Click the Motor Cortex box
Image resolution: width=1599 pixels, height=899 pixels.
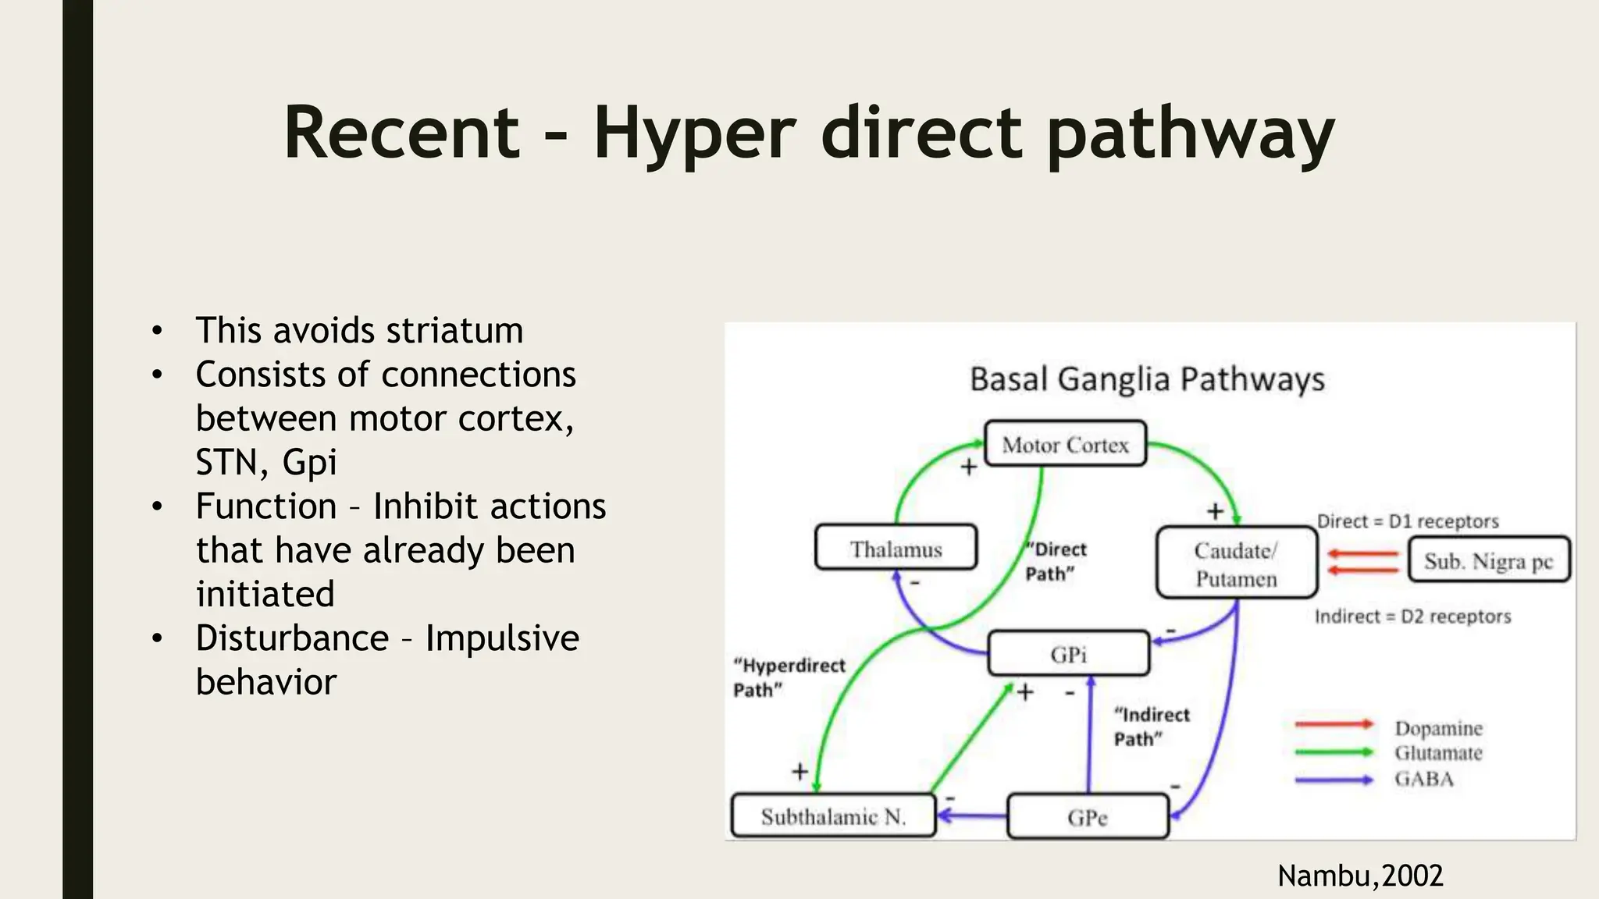coord(1065,444)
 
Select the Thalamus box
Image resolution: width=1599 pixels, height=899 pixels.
coord(896,549)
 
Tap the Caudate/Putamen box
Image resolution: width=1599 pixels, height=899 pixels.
coord(1236,563)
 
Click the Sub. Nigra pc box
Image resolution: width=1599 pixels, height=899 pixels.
coord(1488,560)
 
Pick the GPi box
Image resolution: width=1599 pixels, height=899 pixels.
coord(1068,654)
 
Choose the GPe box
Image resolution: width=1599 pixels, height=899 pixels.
coord(1088,817)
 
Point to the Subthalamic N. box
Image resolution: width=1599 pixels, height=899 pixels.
coord(833,816)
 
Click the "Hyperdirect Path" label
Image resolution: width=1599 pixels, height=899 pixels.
coord(789,677)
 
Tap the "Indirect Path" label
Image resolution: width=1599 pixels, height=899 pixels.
coord(1151,726)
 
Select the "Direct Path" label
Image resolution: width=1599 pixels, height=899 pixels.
coord(1056,561)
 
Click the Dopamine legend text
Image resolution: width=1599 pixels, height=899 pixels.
coord(1438,727)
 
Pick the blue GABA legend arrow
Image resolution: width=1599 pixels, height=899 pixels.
coord(1334,780)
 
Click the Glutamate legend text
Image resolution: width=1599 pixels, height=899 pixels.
coord(1438,753)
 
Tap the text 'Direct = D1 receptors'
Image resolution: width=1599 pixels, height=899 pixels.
coord(1407,521)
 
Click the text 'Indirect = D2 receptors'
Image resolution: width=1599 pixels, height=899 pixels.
coord(1412,617)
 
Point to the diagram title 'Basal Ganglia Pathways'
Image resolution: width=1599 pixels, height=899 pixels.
coord(1147,379)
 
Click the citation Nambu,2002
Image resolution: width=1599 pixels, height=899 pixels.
coord(1359,876)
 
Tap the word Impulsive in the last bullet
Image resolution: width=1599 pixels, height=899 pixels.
coord(502,638)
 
